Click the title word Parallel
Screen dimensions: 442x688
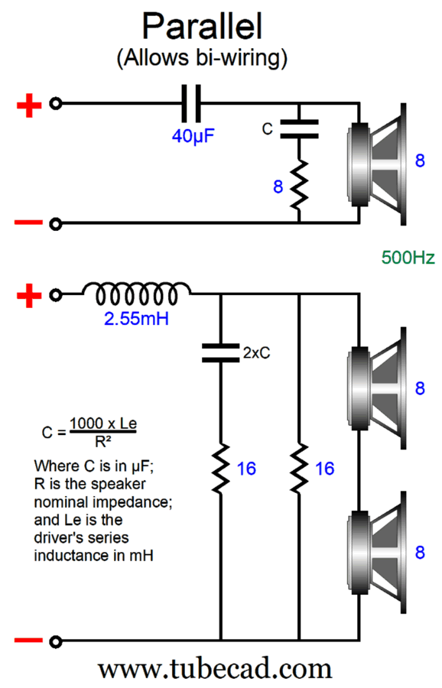(203, 26)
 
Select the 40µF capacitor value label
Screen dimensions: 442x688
(193, 136)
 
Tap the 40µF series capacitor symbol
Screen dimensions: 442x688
(192, 103)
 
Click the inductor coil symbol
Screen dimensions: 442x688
(137, 294)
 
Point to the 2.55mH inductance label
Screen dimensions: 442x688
(136, 319)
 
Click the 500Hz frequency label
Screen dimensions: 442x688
(408, 258)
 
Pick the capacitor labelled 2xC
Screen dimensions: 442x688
(220, 353)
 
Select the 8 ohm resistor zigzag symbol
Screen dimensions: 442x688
(299, 184)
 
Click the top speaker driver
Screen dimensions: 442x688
(377, 164)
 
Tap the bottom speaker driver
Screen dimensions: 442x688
(377, 553)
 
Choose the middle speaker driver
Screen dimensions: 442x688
(377, 388)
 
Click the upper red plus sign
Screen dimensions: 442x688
(29, 105)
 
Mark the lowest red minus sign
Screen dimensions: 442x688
(28, 641)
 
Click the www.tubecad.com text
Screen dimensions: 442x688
(215, 669)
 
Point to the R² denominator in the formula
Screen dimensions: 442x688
(102, 442)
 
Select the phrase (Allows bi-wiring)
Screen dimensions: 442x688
(202, 58)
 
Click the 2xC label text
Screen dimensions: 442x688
(257, 352)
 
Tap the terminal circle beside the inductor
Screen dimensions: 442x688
(55, 295)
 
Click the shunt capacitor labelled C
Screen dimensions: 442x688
(299, 129)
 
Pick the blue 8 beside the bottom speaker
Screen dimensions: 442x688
(420, 553)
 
